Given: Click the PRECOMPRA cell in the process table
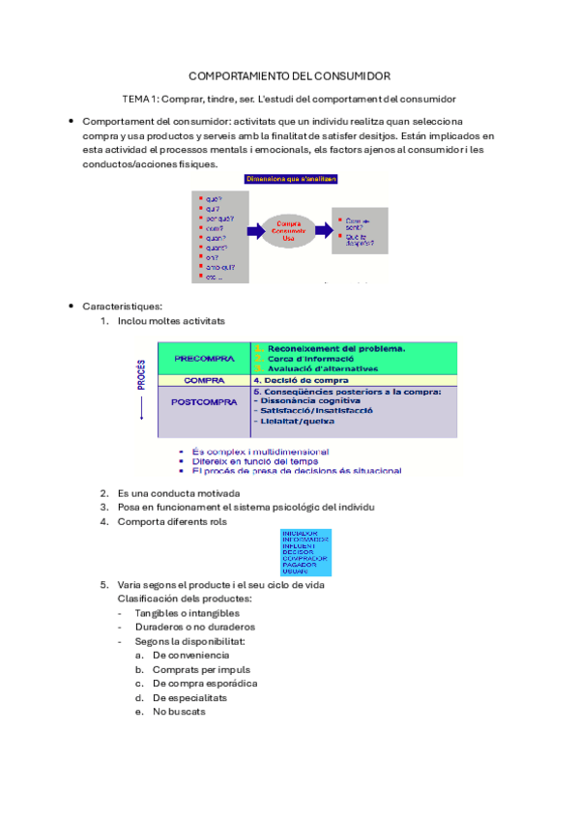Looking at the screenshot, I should [x=204, y=359].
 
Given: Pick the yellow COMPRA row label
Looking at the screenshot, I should [x=204, y=380].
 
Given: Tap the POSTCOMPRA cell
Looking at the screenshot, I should [x=204, y=402].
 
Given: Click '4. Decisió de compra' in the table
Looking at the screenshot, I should [x=301, y=380].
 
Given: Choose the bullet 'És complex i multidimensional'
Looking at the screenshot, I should [x=260, y=452].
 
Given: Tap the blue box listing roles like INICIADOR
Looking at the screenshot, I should [x=304, y=551].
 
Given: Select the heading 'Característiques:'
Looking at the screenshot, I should [x=122, y=307].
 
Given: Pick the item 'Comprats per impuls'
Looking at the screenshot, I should [x=201, y=669].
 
